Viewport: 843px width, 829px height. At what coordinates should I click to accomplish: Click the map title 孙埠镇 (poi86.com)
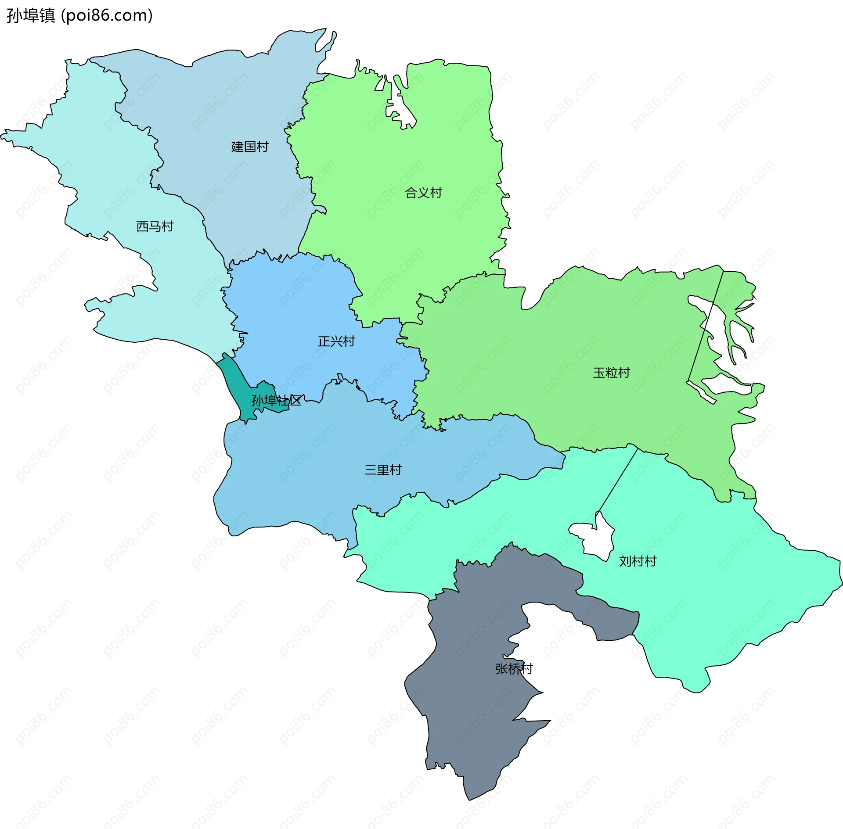click(79, 16)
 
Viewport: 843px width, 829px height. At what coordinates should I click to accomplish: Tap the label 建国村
click(250, 147)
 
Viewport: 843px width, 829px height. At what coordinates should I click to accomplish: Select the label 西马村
click(155, 226)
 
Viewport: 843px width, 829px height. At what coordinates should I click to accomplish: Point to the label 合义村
click(423, 193)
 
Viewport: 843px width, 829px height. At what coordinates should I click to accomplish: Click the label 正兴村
click(336, 341)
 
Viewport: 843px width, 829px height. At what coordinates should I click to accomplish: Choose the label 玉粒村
click(611, 373)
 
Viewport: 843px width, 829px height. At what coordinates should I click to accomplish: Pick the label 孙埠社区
click(276, 400)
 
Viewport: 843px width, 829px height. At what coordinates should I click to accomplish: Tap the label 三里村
click(383, 470)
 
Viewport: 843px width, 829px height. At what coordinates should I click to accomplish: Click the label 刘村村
click(638, 561)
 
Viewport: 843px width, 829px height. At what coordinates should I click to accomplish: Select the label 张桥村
click(514, 668)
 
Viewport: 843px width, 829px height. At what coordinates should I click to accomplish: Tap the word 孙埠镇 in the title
click(31, 16)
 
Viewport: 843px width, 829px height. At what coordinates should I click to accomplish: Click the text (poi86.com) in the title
click(107, 16)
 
